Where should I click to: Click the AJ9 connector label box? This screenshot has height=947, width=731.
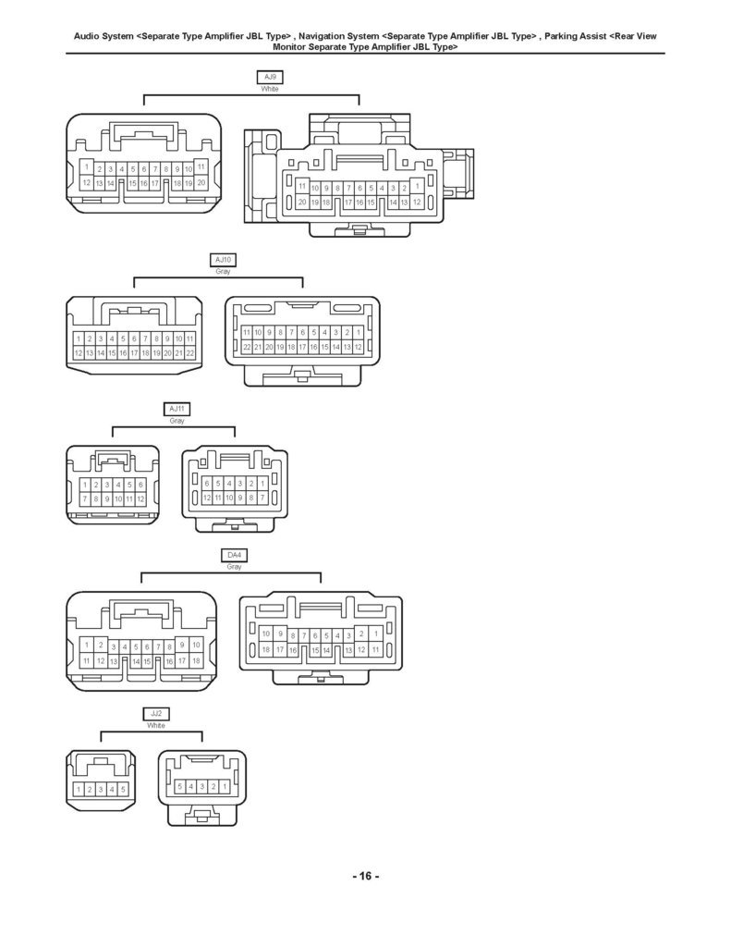[270, 78]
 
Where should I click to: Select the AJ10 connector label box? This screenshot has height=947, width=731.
[223, 260]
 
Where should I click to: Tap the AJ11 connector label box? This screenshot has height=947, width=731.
[177, 410]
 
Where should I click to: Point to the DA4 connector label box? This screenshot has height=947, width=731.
[234, 556]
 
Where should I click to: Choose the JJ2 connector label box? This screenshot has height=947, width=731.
[156, 714]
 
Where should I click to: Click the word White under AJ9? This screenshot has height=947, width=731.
[270, 89]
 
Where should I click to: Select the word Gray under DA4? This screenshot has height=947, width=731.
[234, 567]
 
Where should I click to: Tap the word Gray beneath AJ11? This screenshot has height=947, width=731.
[177, 421]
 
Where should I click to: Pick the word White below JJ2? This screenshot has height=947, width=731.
[156, 725]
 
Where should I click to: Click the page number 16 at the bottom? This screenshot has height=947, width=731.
[365, 876]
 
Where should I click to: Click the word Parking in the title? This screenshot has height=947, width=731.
[561, 36]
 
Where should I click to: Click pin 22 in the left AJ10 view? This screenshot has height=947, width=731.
[189, 353]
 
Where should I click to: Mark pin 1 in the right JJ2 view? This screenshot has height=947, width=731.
[225, 787]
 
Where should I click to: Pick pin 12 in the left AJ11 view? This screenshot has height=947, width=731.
[140, 499]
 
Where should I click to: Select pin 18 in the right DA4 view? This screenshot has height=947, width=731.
[265, 650]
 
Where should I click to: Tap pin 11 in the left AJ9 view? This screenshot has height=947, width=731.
[201, 166]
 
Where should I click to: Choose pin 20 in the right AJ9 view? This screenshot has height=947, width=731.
[302, 203]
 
